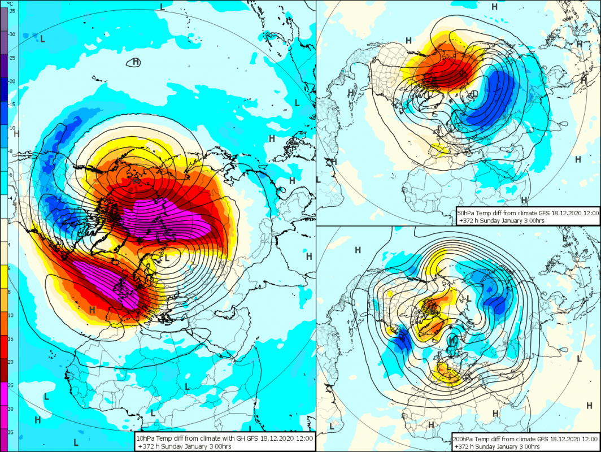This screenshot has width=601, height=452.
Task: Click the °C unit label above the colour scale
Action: point(10,4)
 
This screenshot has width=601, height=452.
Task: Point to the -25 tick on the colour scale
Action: point(12,58)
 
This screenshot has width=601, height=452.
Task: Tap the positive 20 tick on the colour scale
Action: point(11,362)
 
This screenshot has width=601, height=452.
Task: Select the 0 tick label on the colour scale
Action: point(10,221)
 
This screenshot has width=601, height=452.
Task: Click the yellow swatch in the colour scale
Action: point(4,277)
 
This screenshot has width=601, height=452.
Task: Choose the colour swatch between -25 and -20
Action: point(4,66)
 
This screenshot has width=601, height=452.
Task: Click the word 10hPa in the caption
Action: point(145,438)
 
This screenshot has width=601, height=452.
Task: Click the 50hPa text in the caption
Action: point(465,213)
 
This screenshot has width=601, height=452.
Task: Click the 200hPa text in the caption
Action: point(463,439)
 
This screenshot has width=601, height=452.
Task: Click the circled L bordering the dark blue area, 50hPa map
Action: point(474,94)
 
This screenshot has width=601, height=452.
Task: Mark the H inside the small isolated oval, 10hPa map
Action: point(136,62)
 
